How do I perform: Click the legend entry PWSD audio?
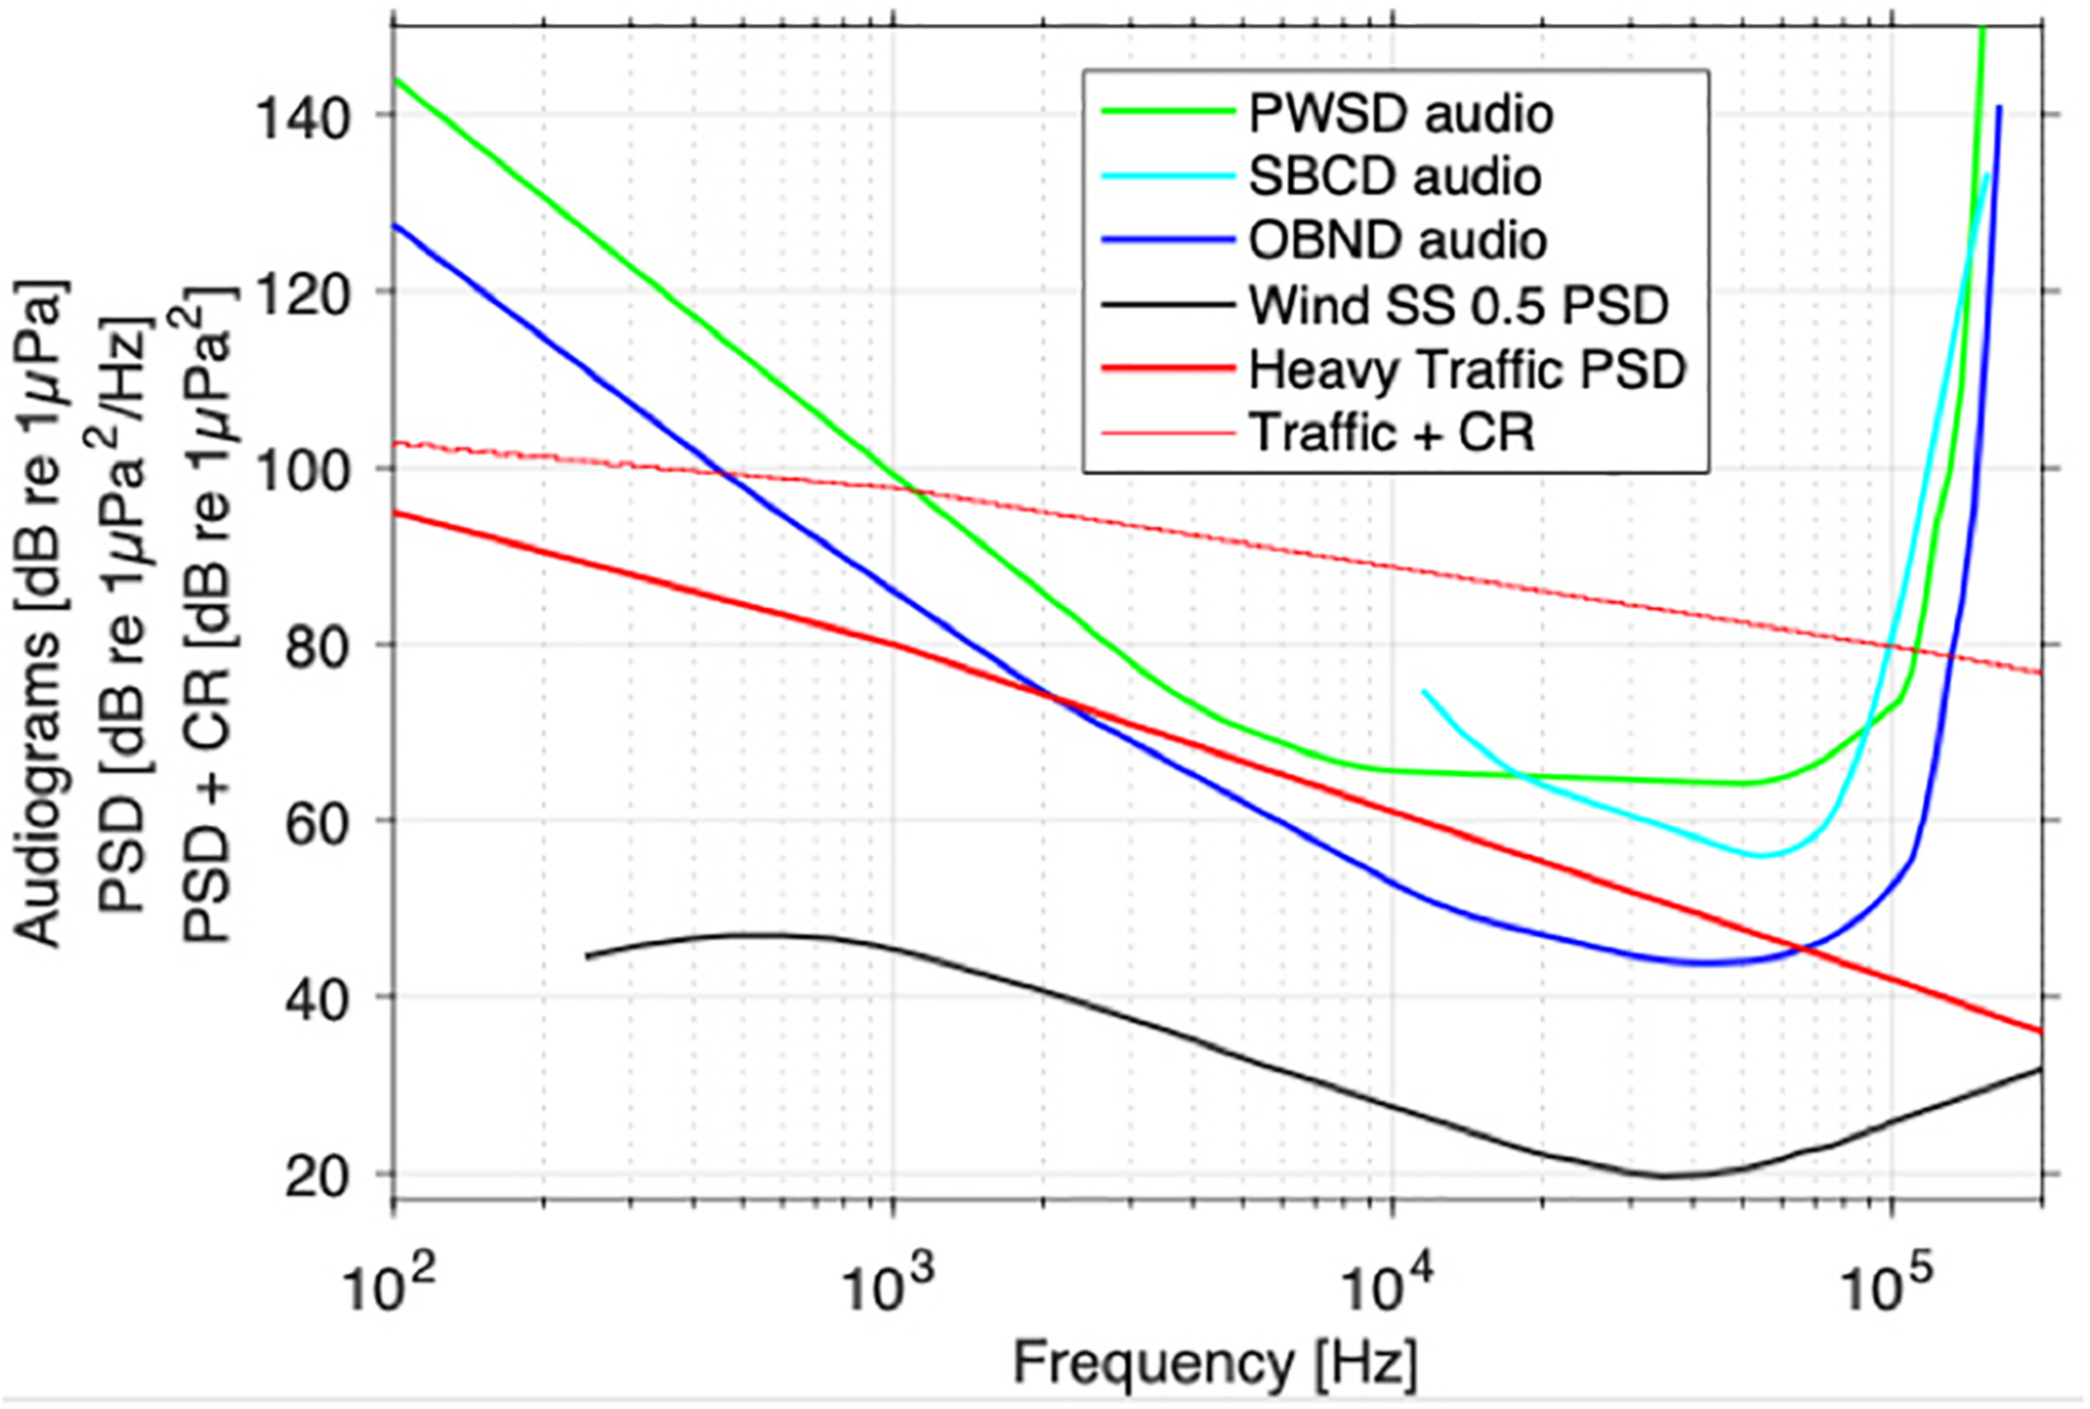point(1400,114)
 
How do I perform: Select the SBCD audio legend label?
point(1394,177)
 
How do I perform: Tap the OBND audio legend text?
point(1397,241)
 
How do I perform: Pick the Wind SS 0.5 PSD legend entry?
point(1458,306)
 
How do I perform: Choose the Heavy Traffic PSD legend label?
point(1467,369)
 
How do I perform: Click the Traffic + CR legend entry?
point(1392,433)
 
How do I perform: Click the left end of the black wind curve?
point(588,956)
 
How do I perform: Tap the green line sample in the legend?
point(1169,111)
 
